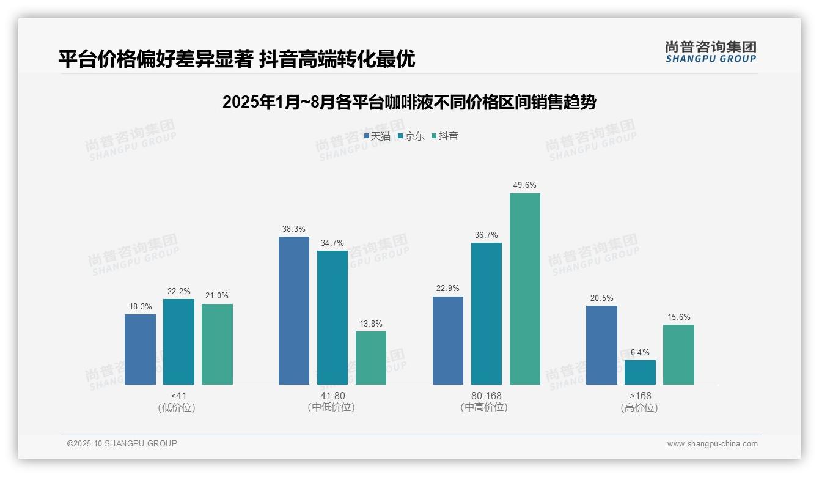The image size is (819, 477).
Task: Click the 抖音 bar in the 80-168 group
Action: click(x=525, y=289)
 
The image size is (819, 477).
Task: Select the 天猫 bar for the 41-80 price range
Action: click(x=294, y=311)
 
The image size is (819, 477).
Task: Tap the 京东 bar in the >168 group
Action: click(x=640, y=372)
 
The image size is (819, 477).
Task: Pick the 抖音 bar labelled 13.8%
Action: click(x=371, y=358)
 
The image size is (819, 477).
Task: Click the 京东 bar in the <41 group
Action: click(x=178, y=342)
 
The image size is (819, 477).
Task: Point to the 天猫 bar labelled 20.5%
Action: click(x=601, y=345)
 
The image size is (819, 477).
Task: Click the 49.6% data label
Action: click(x=525, y=185)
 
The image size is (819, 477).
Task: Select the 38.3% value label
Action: click(x=294, y=229)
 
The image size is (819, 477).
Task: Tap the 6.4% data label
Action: click(x=640, y=352)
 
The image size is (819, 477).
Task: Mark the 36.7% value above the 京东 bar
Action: click(x=487, y=235)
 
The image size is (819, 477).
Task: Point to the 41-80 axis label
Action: click(x=332, y=396)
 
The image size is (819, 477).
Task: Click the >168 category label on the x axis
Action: click(x=640, y=396)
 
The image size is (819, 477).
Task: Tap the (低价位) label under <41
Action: click(x=177, y=407)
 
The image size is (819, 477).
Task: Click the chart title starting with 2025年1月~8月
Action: click(x=409, y=102)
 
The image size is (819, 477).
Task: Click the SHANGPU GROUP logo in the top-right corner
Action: click(x=710, y=51)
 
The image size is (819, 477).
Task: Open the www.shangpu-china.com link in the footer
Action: click(x=712, y=444)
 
